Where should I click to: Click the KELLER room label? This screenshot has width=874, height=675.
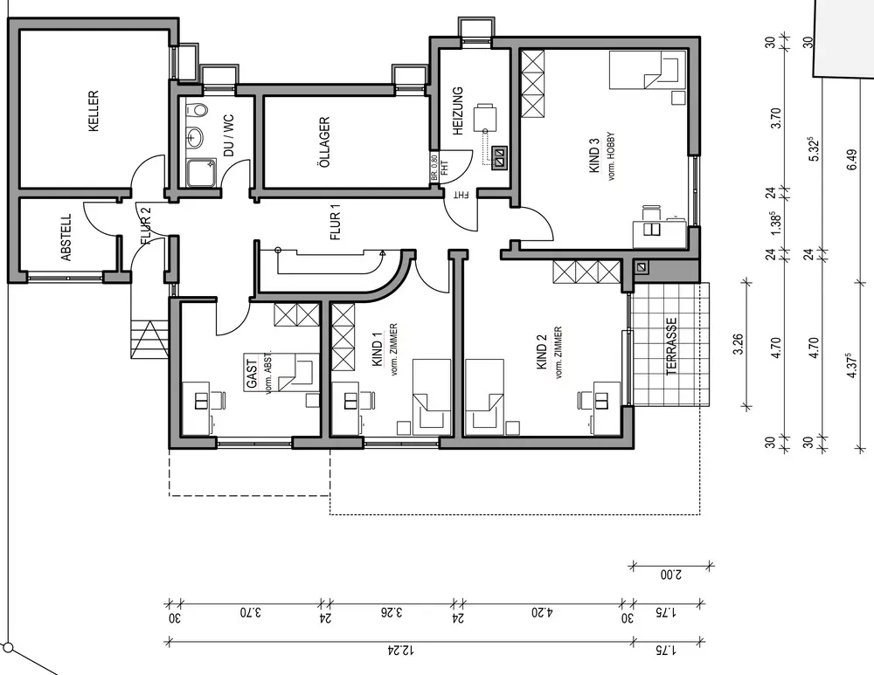94,111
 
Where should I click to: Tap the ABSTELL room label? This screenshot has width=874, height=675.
66,238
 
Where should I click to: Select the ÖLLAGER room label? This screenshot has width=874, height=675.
325,142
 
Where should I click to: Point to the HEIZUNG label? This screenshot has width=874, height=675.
458,112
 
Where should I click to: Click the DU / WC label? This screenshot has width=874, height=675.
228,135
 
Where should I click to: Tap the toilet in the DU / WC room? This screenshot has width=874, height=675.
196,109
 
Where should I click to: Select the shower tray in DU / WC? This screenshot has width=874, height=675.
202,172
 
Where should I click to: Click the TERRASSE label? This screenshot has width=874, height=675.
671,346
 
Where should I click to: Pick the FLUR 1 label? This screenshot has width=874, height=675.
335,222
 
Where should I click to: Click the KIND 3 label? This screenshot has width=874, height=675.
594,155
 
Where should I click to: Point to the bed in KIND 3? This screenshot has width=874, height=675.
647,70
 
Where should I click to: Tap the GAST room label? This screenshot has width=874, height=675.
253,374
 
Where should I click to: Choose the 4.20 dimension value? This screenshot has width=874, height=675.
542,613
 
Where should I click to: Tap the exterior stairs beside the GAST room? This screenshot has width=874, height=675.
149,339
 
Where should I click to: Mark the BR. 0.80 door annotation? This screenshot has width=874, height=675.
434,168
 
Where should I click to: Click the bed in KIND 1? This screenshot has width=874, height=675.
432,397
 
